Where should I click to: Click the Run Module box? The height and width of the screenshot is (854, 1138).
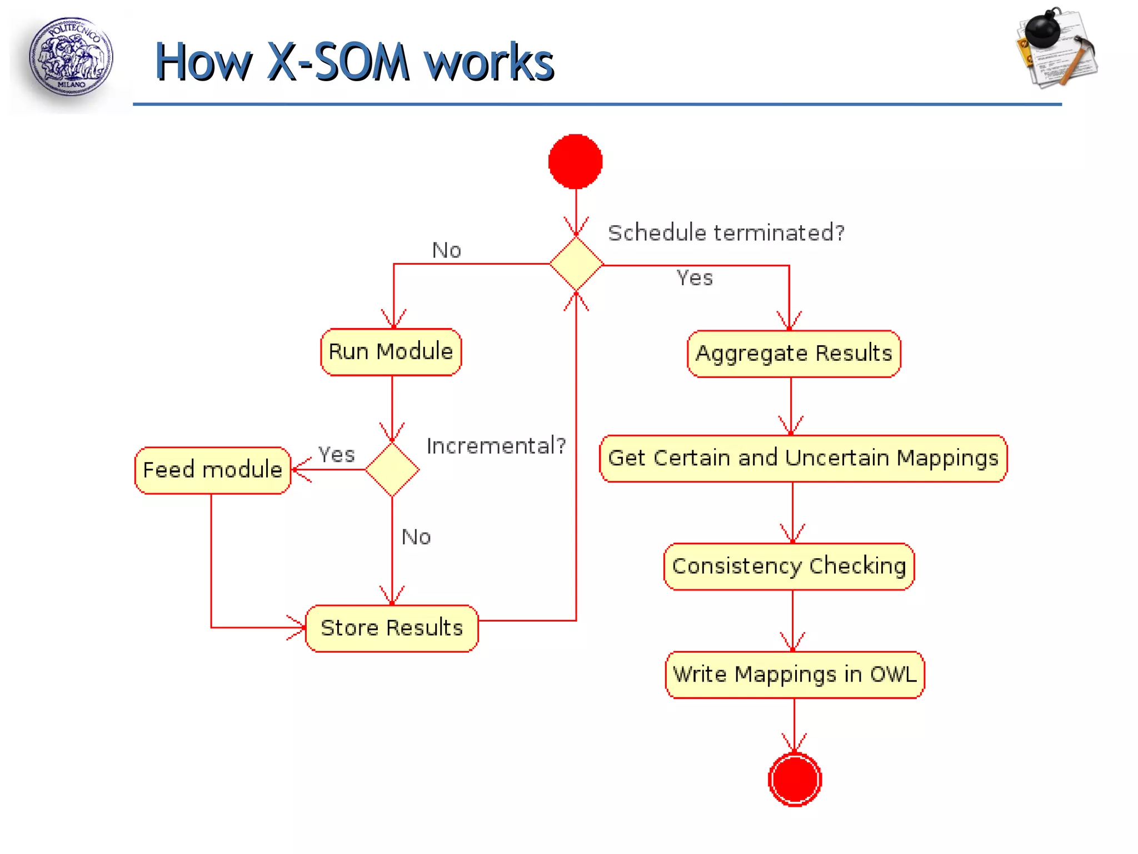(x=391, y=352)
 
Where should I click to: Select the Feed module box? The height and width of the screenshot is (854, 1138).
(x=212, y=470)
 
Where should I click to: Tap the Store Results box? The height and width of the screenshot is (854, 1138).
(x=392, y=628)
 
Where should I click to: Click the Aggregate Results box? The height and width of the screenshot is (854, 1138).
(x=793, y=354)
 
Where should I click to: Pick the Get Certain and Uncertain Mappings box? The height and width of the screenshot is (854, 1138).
(x=803, y=458)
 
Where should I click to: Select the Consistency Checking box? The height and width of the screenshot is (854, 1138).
(x=788, y=566)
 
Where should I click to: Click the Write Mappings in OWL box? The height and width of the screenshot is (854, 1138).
(x=794, y=674)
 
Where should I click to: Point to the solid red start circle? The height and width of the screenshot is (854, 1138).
(x=575, y=161)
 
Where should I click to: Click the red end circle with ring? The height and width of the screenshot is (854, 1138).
(x=795, y=779)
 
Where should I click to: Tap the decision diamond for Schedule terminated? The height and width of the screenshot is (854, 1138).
(x=576, y=264)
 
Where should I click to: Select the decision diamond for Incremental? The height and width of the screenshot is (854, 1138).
(x=392, y=470)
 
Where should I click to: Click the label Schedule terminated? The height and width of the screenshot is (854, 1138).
(x=726, y=233)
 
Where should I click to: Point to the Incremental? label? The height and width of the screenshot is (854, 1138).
(x=496, y=446)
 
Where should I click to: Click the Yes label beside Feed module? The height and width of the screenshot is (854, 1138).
(x=336, y=455)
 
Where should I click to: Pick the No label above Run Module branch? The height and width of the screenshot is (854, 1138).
(x=446, y=250)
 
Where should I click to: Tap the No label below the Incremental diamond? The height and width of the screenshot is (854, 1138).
(x=416, y=537)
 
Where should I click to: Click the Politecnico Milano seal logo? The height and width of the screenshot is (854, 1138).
(x=71, y=57)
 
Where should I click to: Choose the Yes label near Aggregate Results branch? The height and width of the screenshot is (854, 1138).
(x=694, y=278)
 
